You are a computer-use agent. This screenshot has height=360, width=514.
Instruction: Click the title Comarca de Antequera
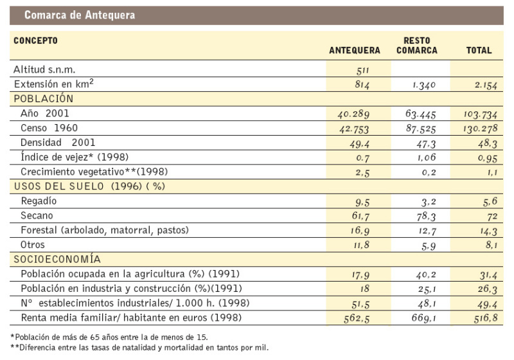pyautogui.click(x=79, y=15)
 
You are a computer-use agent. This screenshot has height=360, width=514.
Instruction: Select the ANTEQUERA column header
pyautogui.click(x=355, y=50)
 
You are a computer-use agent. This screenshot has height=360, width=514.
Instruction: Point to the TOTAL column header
pyautogui.click(x=479, y=50)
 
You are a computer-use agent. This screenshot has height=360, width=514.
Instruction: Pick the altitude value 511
pyautogui.click(x=364, y=70)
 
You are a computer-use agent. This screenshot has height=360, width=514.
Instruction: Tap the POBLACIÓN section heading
pyautogui.click(x=43, y=99)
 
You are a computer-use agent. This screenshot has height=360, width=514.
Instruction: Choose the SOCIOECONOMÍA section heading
pyautogui.click(x=57, y=259)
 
